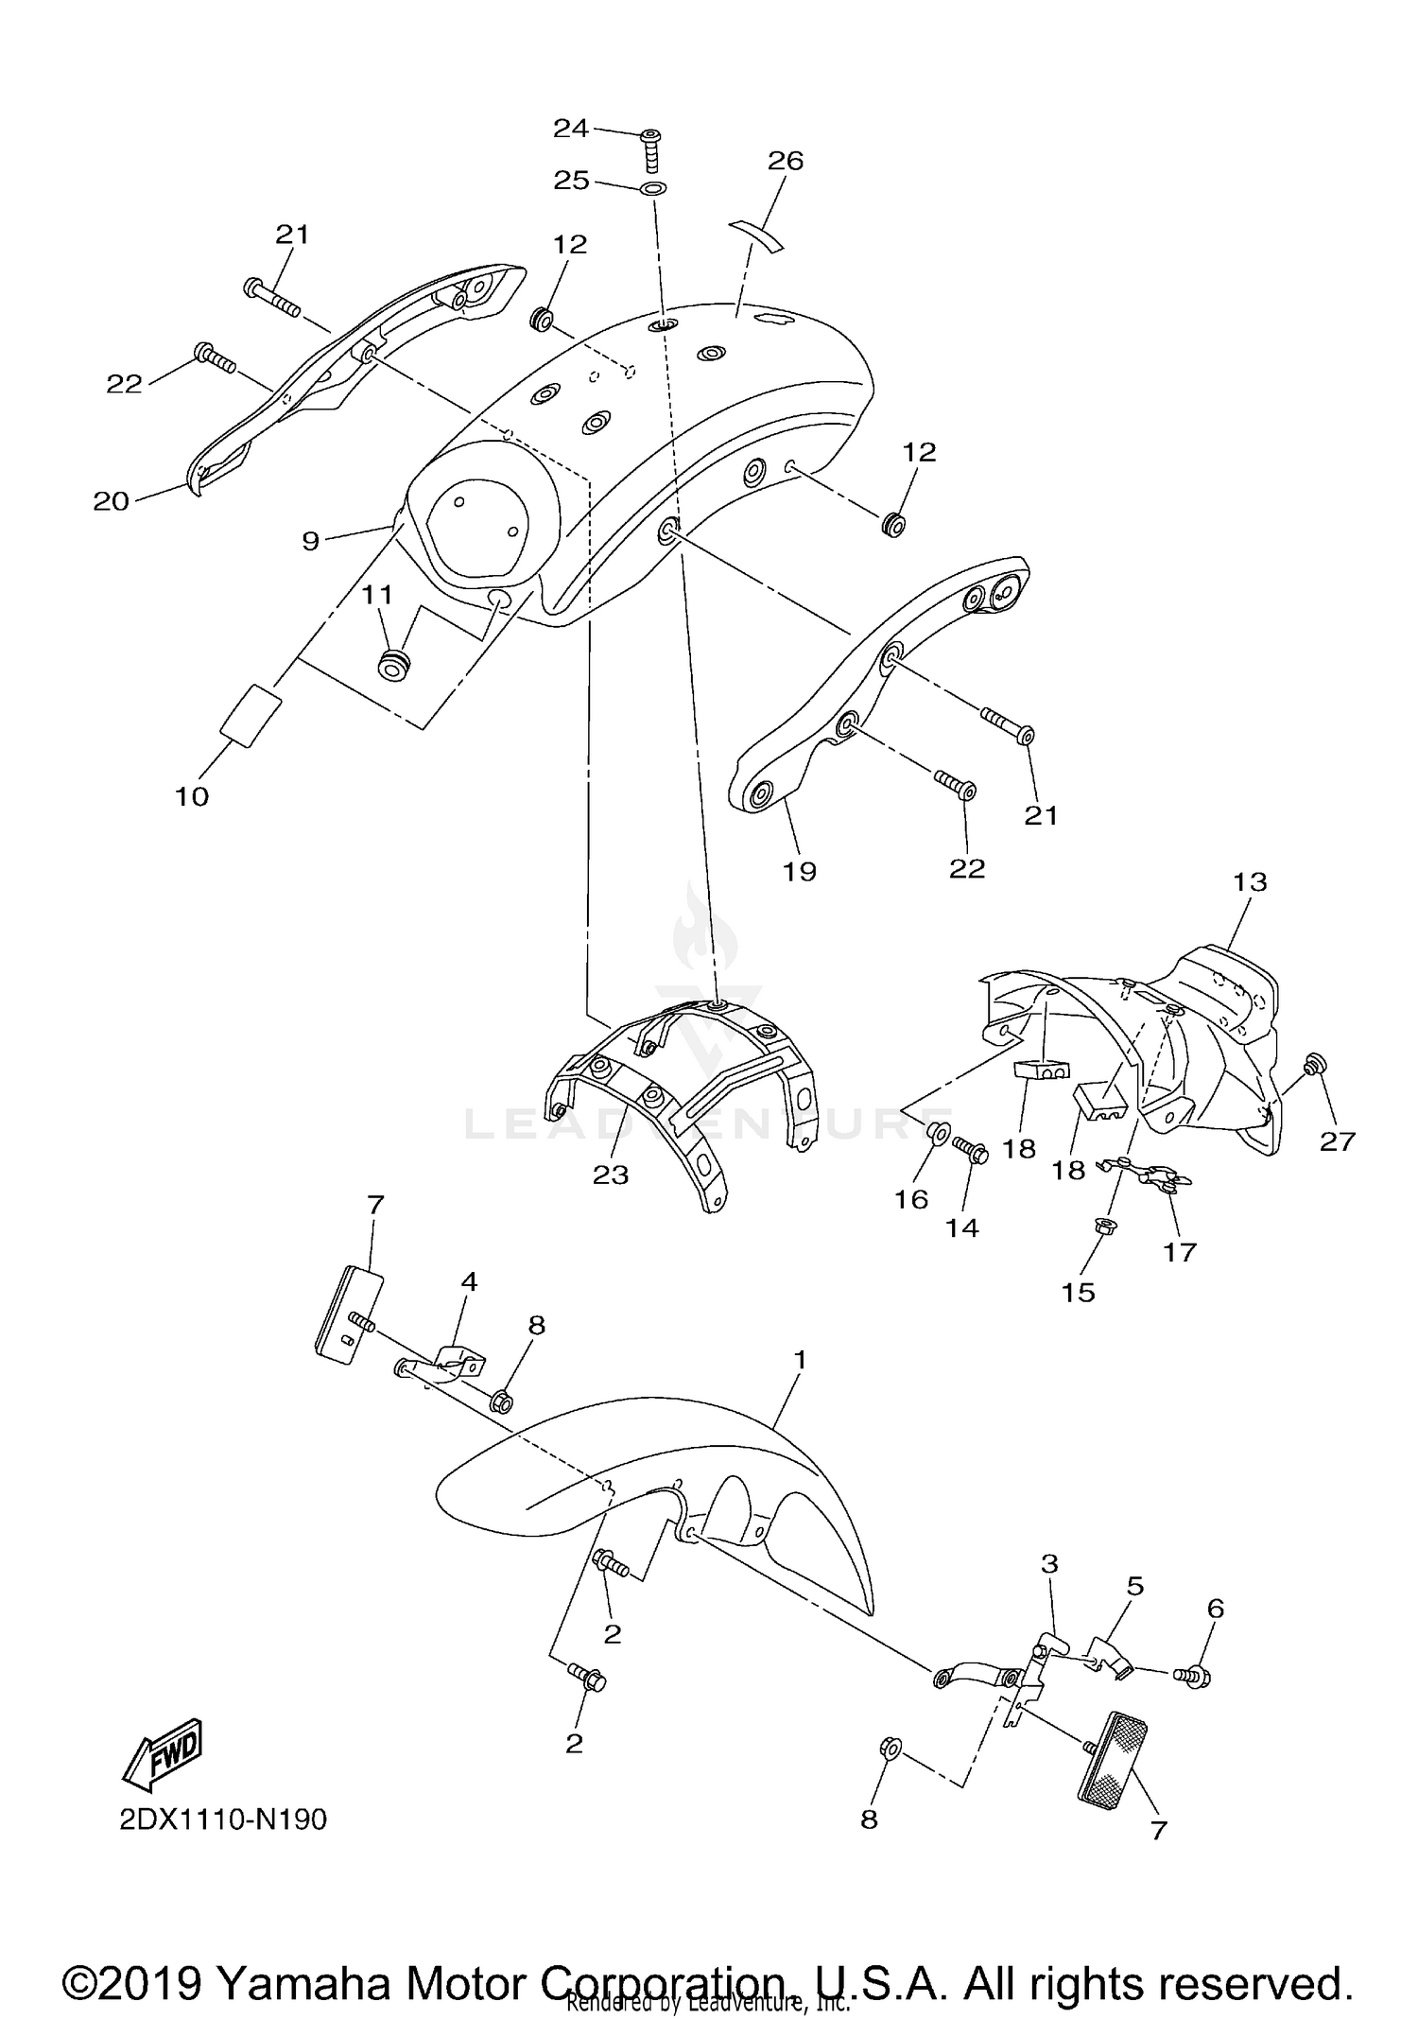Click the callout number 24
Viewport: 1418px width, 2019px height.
tap(571, 128)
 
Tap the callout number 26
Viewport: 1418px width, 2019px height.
tap(786, 161)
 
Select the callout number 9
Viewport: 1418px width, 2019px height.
tap(311, 541)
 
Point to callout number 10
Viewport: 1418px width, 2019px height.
tap(192, 796)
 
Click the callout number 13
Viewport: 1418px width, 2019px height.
tap(1250, 882)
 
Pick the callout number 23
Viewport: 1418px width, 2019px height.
tap(611, 1174)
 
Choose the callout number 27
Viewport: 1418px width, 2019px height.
tap(1338, 1141)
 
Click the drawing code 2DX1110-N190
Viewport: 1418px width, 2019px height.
tap(223, 1819)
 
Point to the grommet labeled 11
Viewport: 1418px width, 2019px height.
tap(393, 664)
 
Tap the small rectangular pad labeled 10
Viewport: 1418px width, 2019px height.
tap(251, 715)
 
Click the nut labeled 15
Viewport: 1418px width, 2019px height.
tap(1100, 1227)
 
